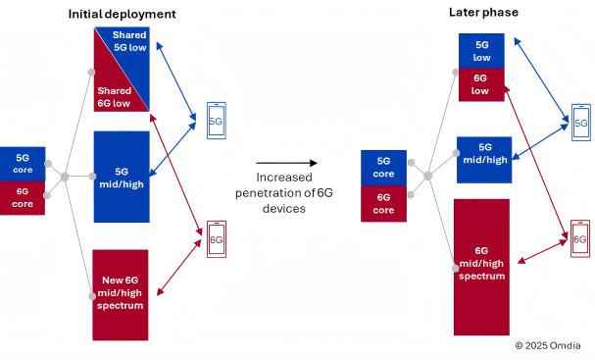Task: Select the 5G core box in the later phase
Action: coord(384,167)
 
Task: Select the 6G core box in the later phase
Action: coord(384,203)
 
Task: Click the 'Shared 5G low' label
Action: coord(129,42)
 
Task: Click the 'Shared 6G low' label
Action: coord(111,96)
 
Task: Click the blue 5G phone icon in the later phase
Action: coord(580,124)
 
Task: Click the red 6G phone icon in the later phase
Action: coord(580,238)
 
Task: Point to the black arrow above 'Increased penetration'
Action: coord(286,163)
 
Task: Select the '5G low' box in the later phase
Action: coord(481,51)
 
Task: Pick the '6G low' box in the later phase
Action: coord(481,85)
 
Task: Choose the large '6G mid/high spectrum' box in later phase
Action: coord(481,265)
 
